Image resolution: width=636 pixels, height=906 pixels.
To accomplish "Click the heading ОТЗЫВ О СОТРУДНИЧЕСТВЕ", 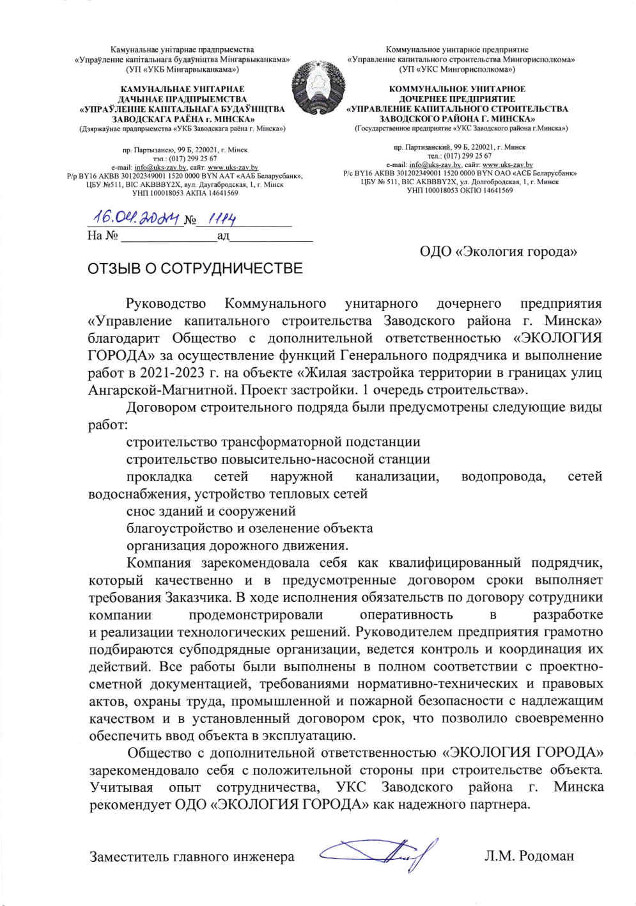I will [x=195, y=268].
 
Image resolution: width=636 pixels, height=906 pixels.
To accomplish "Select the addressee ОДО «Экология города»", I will [x=498, y=251].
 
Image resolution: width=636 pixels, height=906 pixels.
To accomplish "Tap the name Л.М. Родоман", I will [x=529, y=855].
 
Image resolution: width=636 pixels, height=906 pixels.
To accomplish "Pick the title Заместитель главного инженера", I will [x=192, y=856].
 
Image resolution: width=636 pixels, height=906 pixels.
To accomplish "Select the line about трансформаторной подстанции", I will [x=273, y=442].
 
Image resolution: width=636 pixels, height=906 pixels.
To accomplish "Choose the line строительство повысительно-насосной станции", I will [x=277, y=459].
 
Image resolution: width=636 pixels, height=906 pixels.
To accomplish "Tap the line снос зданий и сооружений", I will [x=210, y=511].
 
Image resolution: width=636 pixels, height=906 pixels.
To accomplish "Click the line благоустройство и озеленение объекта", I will [x=249, y=528].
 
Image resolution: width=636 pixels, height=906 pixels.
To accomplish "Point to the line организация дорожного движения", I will [x=237, y=546].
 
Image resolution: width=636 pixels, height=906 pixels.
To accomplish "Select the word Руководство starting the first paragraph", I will [x=166, y=303].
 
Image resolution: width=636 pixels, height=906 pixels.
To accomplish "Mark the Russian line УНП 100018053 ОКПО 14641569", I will [x=460, y=190].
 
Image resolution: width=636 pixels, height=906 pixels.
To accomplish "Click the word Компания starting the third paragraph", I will [x=159, y=563].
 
